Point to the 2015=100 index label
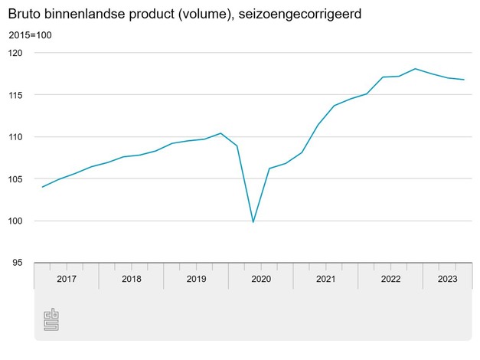(31, 36)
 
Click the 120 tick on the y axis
(17, 53)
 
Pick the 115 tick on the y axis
(17, 95)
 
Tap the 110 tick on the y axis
(17, 137)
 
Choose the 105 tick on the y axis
(17, 179)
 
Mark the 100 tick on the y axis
(17, 221)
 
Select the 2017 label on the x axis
(67, 280)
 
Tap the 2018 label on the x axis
(132, 280)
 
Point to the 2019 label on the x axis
(197, 280)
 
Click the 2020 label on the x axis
(261, 280)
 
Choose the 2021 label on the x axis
(326, 280)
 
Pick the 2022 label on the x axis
(391, 280)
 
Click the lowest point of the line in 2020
(253, 222)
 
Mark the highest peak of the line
(415, 69)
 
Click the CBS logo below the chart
(51, 319)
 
